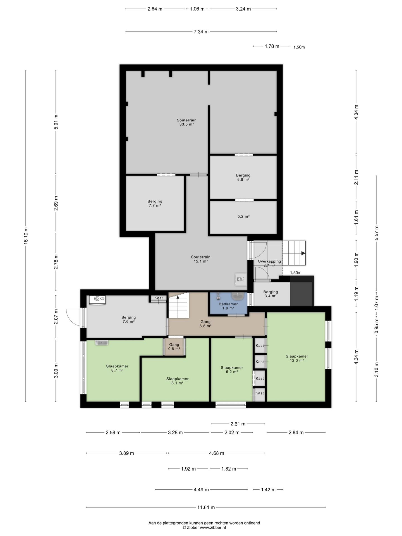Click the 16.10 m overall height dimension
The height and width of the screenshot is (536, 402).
pyautogui.click(x=26, y=236)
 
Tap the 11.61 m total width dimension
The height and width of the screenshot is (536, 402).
pyautogui.click(x=206, y=507)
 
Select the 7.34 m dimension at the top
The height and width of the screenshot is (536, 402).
pyautogui.click(x=201, y=32)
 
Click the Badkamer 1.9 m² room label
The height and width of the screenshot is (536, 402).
pyautogui.click(x=228, y=306)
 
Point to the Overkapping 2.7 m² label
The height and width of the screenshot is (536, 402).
pyautogui.click(x=269, y=263)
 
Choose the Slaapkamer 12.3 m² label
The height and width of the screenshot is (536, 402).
pyautogui.click(x=297, y=358)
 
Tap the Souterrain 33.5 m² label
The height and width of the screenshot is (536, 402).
pyautogui.click(x=186, y=122)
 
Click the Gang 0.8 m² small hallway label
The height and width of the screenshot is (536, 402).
pyautogui.click(x=174, y=347)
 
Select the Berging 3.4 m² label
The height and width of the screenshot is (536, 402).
pyautogui.click(x=271, y=294)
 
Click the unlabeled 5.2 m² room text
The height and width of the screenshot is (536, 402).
pyautogui.click(x=243, y=216)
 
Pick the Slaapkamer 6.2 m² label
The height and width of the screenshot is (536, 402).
pyautogui.click(x=232, y=370)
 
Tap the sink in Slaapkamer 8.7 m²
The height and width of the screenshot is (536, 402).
pyautogui.click(x=101, y=343)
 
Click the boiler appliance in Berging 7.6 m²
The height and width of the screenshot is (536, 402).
pyautogui.click(x=97, y=300)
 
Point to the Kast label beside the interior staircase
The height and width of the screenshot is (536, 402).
pyautogui.click(x=159, y=298)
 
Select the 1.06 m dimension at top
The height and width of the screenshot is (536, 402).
pyautogui.click(x=197, y=9)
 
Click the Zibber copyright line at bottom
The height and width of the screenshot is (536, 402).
pyautogui.click(x=204, y=527)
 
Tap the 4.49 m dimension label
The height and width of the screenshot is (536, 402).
pyautogui.click(x=201, y=489)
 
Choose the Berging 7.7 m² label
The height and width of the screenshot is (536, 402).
pyautogui.click(x=155, y=203)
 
